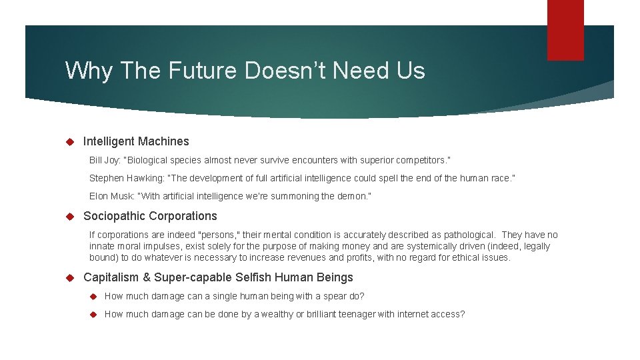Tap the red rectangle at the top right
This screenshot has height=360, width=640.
pos(565,29)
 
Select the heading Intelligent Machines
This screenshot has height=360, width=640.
pos(136,141)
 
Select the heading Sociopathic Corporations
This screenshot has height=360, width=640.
pos(150,216)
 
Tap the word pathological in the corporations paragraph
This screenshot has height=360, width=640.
pos(471,235)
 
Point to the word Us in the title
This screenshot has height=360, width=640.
pos(411,70)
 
